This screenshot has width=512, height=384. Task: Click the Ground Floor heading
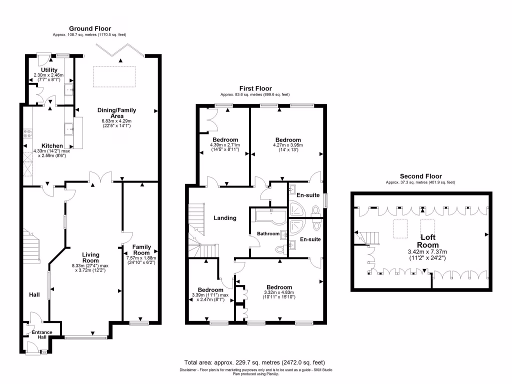tap(90, 28)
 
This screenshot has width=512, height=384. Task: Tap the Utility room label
tap(49, 70)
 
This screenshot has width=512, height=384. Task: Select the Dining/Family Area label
tap(116, 113)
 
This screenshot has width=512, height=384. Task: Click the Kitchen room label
tap(52, 145)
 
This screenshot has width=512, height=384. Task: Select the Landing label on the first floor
tap(224, 218)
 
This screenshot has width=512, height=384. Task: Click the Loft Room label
tap(429, 241)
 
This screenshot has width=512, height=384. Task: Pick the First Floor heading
tap(255, 88)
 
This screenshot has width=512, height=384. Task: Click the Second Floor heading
tap(420, 176)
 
